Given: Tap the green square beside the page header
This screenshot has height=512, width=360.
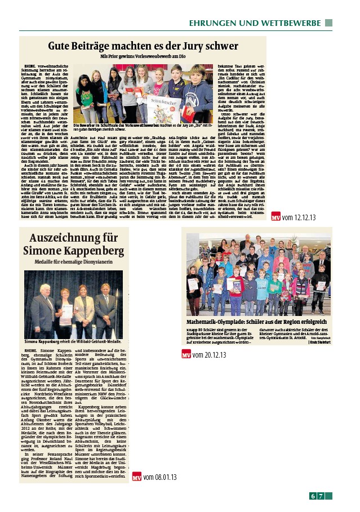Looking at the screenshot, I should pos(328,23).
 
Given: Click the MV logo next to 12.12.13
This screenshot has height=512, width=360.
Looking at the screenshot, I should pos(292,217).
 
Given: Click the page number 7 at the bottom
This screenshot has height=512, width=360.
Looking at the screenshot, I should pos(320,496).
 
